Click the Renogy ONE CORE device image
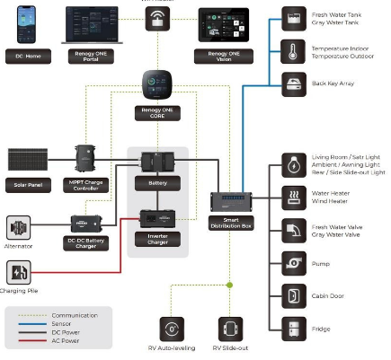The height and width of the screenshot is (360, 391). pyautogui.click(x=158, y=88)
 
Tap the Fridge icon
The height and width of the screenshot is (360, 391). pyautogui.click(x=293, y=328)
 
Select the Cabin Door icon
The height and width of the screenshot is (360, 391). pyautogui.click(x=293, y=294)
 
